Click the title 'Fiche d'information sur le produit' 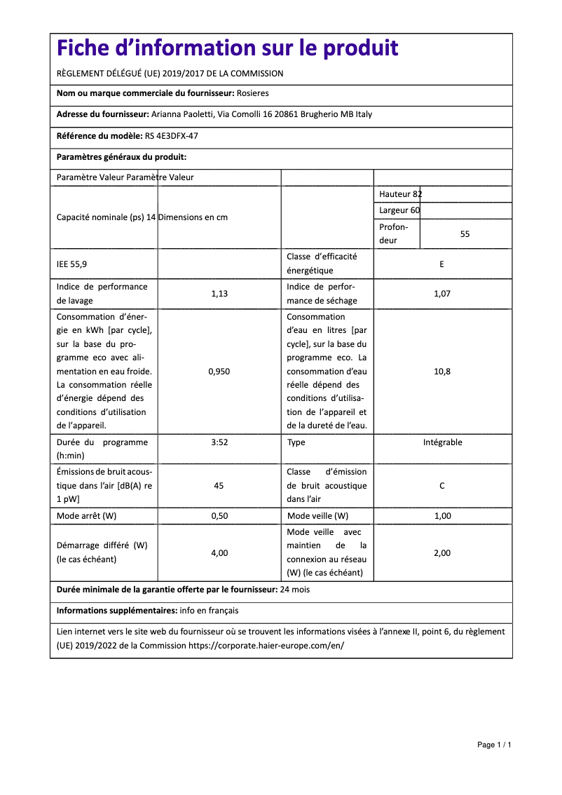pyautogui.click(x=227, y=48)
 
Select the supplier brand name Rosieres pyautogui.click(x=252, y=93)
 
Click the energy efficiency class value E pyautogui.click(x=441, y=264)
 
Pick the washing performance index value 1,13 pyautogui.click(x=219, y=294)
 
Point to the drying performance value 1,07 pyautogui.click(x=442, y=294)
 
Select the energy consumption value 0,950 pyautogui.click(x=219, y=372)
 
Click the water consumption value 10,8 pyautogui.click(x=442, y=372)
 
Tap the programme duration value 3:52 pyautogui.click(x=219, y=442)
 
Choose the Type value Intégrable pyautogui.click(x=442, y=442)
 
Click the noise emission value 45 pyautogui.click(x=219, y=486)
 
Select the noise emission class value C pyautogui.click(x=442, y=486)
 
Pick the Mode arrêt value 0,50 pyautogui.click(x=219, y=516)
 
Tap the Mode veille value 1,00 pyautogui.click(x=442, y=516)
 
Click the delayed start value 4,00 pyautogui.click(x=219, y=553)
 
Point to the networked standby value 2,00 pyautogui.click(x=442, y=553)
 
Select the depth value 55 pyautogui.click(x=465, y=234)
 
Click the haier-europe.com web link pyautogui.click(x=266, y=646)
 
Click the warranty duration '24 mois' pyautogui.click(x=294, y=590)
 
